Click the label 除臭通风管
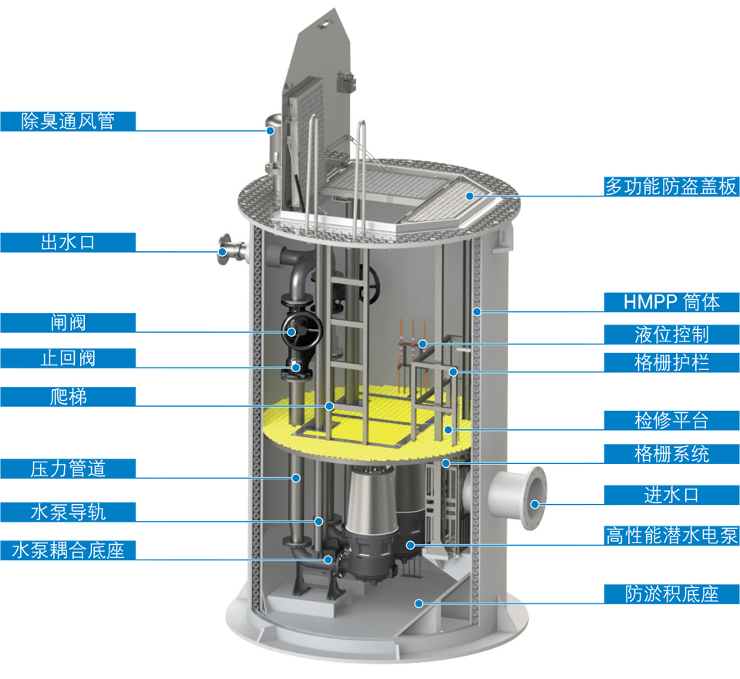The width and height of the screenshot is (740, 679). tap(68, 121)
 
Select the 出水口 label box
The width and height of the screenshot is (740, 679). tap(68, 242)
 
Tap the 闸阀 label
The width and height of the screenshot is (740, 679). tap(68, 323)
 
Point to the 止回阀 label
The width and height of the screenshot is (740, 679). tap(68, 358)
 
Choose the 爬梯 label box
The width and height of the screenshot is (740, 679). tap(68, 397)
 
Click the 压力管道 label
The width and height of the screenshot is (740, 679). tap(68, 469)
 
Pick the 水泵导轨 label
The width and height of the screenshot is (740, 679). tap(68, 512)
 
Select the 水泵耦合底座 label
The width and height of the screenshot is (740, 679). tap(68, 550)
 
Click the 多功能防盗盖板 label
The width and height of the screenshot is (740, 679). tap(671, 187)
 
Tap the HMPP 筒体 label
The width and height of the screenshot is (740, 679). tap(671, 302)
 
